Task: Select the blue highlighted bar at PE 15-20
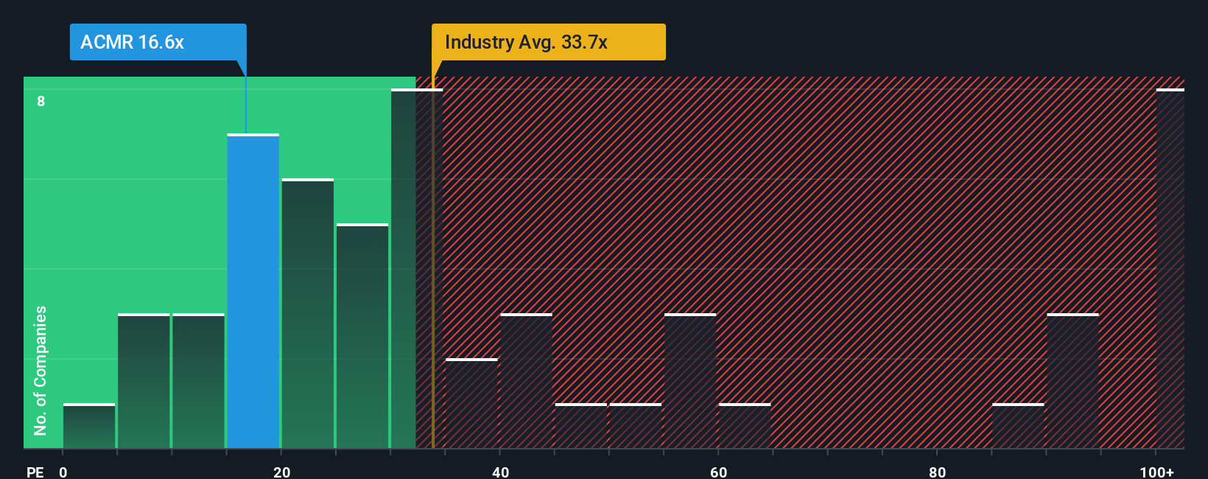tap(253, 291)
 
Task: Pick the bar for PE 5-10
tap(144, 381)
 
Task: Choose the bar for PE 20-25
tap(307, 313)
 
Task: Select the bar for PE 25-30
tap(362, 336)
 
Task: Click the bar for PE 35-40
tap(471, 403)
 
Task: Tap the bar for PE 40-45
tap(526, 381)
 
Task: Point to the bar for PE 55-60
tap(690, 381)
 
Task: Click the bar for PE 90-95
tap(1072, 381)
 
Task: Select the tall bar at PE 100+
tap(1170, 269)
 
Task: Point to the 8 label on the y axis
tap(41, 101)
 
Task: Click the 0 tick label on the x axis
tap(63, 472)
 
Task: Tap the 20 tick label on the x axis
tap(281, 472)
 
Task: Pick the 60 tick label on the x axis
tap(718, 472)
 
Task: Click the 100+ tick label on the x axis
tap(1156, 472)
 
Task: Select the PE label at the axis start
tap(35, 472)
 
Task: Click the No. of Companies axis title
tap(41, 370)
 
